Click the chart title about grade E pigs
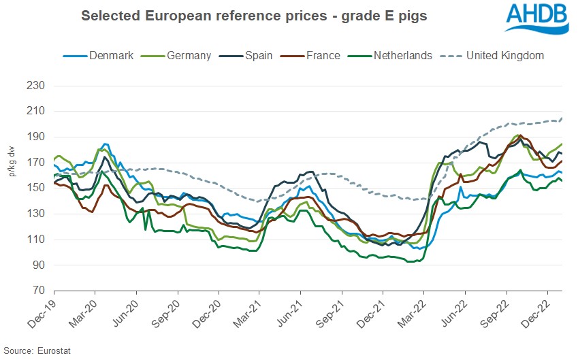(x=254, y=16)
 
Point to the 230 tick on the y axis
(x=35, y=86)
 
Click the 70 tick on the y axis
(x=37, y=291)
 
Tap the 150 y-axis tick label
(x=35, y=189)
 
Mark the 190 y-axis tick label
(x=35, y=137)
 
